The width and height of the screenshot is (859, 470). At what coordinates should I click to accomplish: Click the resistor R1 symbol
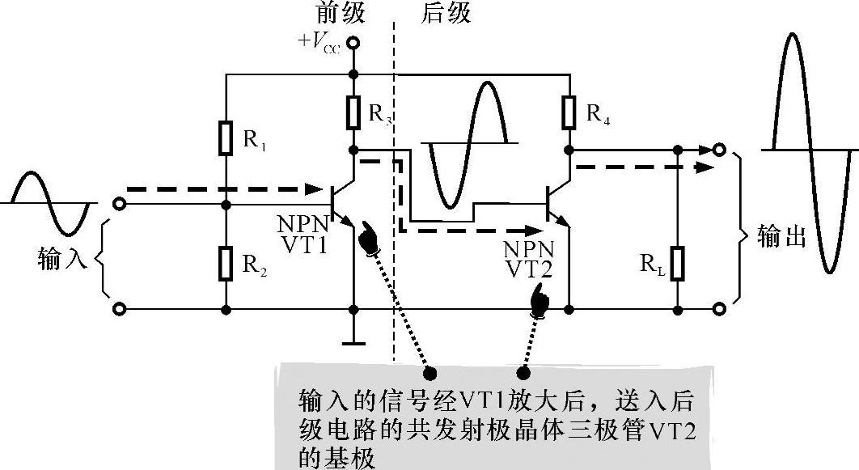coord(226,138)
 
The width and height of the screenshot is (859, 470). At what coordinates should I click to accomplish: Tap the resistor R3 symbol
coord(353,112)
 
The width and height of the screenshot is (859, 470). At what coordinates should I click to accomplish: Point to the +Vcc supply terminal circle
coord(353,43)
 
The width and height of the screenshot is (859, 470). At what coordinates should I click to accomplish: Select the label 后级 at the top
coord(446,14)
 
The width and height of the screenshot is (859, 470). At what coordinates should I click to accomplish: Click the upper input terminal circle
coord(120,204)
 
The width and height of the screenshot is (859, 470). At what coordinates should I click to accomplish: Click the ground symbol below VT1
coord(353,341)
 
